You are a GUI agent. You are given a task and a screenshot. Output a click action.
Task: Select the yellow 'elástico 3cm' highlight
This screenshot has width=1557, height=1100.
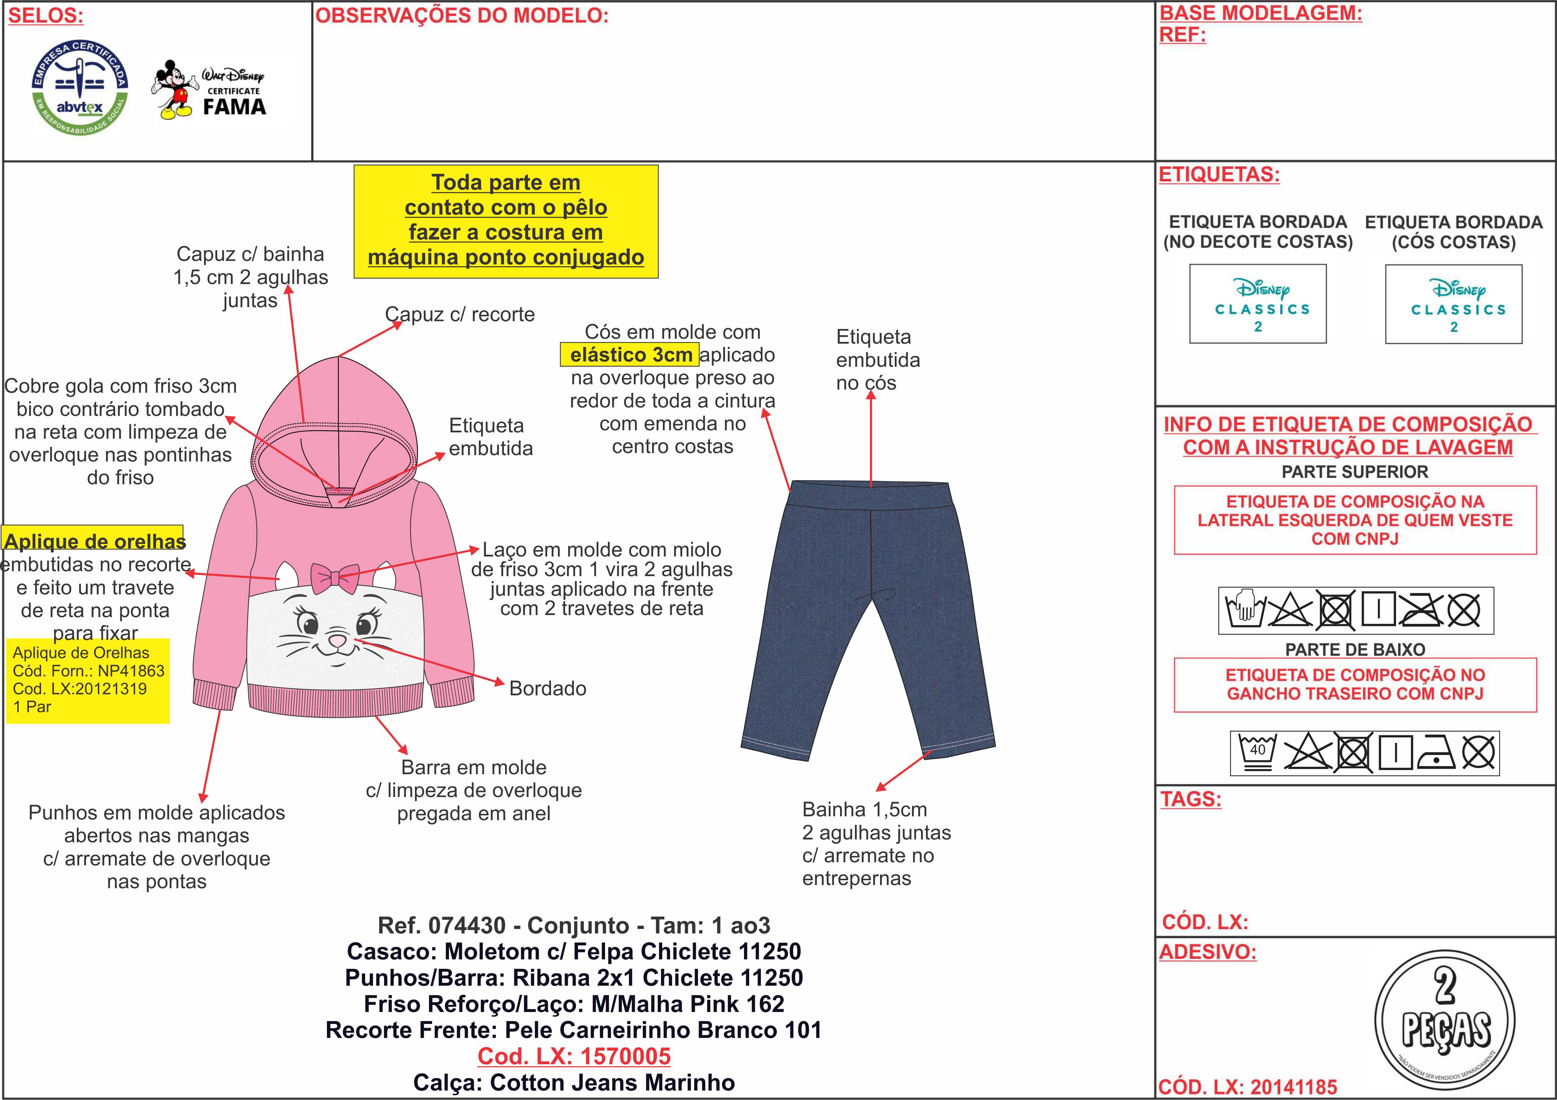pyautogui.click(x=630, y=355)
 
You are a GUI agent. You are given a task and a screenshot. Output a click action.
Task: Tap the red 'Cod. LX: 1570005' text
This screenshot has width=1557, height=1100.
pyautogui.click(x=574, y=1056)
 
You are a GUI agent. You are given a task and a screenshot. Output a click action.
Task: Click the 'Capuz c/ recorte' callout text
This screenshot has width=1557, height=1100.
pyautogui.click(x=460, y=315)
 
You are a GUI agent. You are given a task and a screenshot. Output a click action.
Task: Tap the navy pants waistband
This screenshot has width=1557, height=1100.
pyautogui.click(x=871, y=495)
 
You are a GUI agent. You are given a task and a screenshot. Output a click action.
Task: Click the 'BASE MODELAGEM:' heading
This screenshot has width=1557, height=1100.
pyautogui.click(x=1260, y=13)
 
